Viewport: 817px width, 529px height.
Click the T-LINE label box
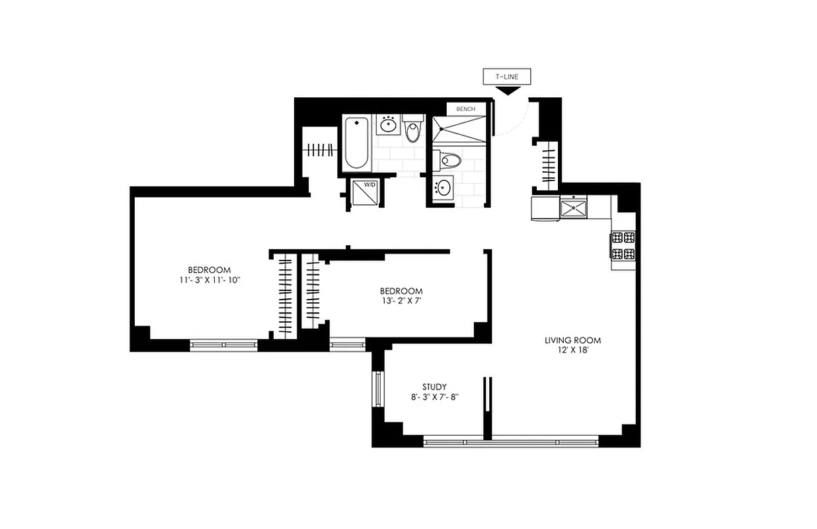point(507,77)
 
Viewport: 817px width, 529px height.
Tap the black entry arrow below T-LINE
point(507,91)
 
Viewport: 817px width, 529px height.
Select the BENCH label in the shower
point(465,108)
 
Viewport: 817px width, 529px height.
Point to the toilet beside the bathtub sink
point(413,129)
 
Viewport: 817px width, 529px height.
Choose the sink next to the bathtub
point(388,124)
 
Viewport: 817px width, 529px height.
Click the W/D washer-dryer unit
point(364,194)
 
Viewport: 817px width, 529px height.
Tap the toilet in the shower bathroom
point(450,160)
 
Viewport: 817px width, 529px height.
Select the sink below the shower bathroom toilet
point(443,187)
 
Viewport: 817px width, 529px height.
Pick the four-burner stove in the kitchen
point(623,245)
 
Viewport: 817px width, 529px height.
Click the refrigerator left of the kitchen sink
point(545,208)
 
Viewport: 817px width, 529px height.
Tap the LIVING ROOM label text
point(572,341)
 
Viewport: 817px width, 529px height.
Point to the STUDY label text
point(434,387)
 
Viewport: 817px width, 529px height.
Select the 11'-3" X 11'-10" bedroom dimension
point(209,280)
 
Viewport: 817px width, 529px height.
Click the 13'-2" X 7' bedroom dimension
point(401,301)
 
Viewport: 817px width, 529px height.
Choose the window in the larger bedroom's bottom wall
point(223,344)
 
